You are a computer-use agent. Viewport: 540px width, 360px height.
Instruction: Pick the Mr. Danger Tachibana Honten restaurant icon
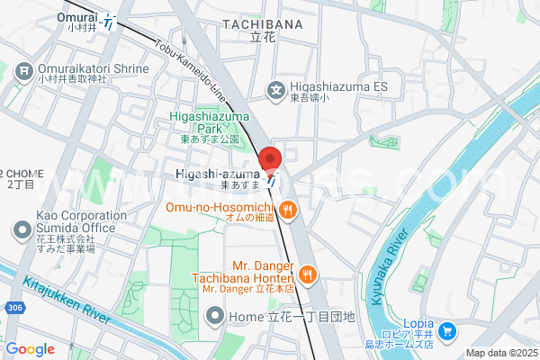(x=308, y=273)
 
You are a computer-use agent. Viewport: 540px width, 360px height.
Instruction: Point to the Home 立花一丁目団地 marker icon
(x=215, y=316)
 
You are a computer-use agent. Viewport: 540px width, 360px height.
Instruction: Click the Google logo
(x=30, y=349)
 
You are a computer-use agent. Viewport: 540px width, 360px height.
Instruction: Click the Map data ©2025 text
(x=500, y=353)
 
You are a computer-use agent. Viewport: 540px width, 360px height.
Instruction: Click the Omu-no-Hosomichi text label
(x=219, y=206)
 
